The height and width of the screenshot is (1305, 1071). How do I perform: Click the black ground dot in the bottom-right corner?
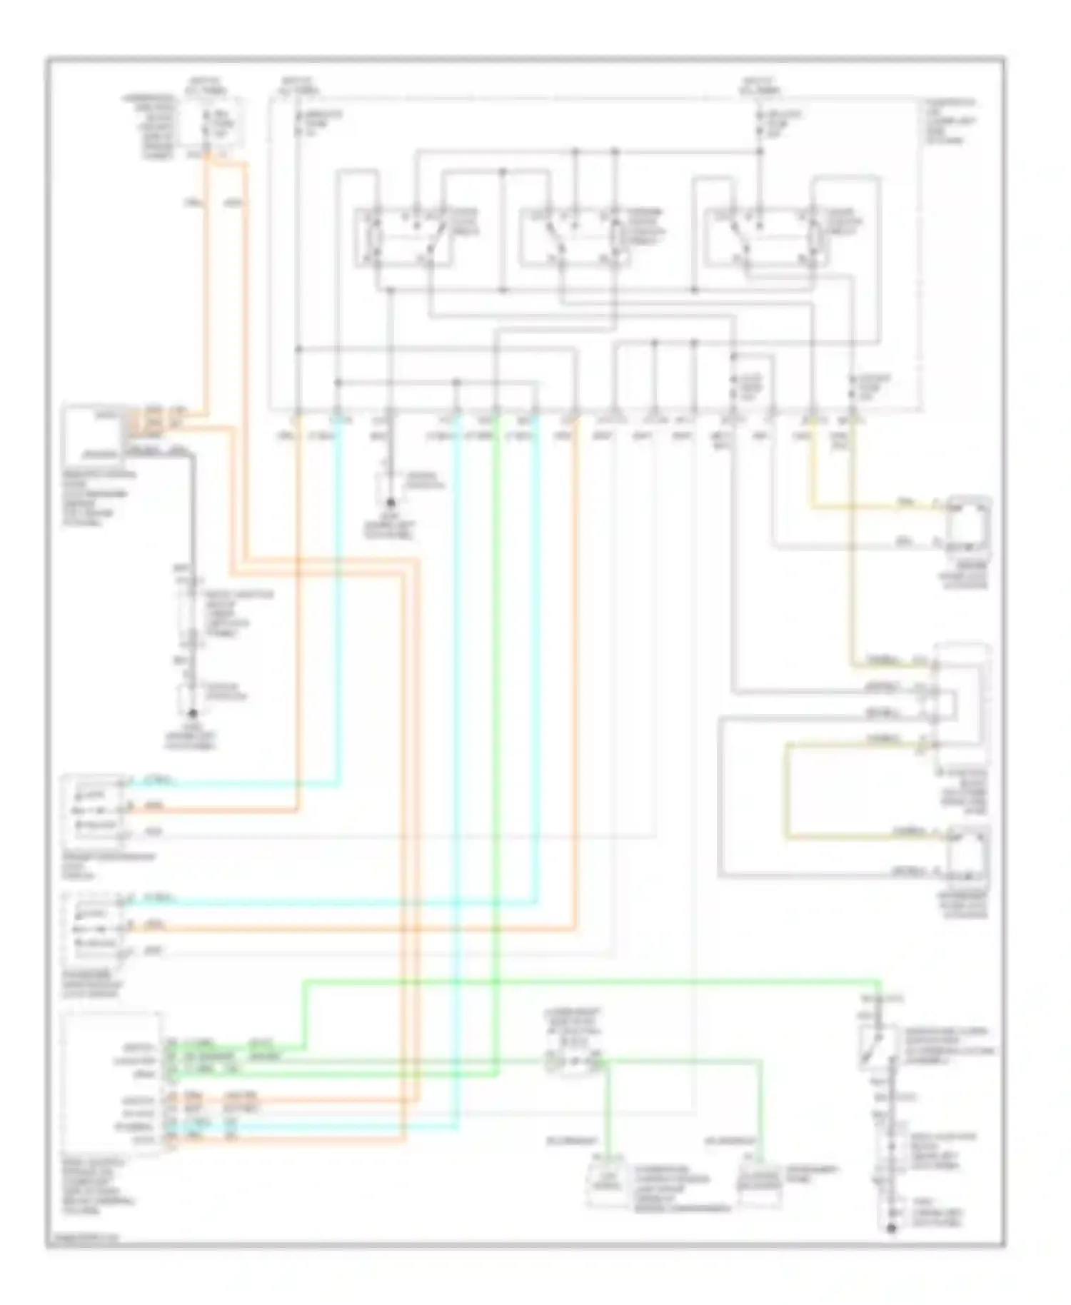point(890,1228)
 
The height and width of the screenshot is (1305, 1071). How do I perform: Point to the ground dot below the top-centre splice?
point(391,503)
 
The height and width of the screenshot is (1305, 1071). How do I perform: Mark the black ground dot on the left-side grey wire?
point(192,712)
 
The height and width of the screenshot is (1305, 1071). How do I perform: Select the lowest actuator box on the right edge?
point(967,857)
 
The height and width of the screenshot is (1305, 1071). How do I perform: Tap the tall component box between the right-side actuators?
point(962,703)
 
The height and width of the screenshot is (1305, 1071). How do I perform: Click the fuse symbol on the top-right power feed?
point(760,121)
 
